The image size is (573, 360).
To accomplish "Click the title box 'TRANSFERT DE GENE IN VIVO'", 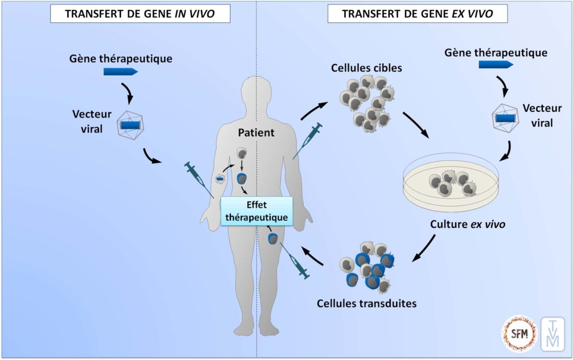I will tap(140, 14).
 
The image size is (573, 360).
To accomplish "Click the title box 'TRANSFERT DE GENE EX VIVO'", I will tap(417, 14).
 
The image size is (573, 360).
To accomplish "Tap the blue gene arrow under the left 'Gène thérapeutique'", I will tap(120, 72).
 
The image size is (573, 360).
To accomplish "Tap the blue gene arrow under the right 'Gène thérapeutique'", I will tap(495, 65).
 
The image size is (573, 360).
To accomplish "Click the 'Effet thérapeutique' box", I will tap(256, 211).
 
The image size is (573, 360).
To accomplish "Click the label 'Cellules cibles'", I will tap(367, 68).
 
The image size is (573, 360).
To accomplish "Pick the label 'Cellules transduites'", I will tap(367, 303).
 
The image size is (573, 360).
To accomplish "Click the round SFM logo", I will tap(519, 334).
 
